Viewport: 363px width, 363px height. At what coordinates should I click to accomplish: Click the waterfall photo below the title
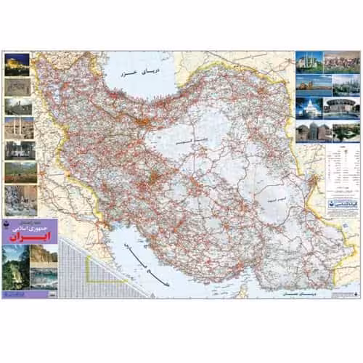(x=15, y=272)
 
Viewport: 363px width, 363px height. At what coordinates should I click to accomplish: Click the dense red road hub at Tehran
(x=151, y=118)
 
